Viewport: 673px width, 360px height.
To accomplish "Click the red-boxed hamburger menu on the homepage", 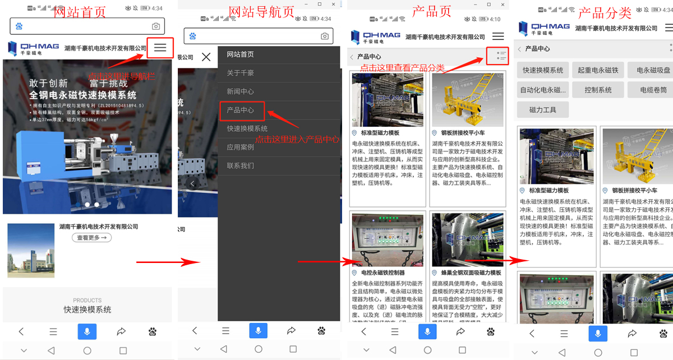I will tap(160, 48).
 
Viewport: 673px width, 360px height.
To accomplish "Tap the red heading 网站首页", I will tap(80, 12).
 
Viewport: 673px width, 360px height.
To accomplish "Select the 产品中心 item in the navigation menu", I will tap(241, 110).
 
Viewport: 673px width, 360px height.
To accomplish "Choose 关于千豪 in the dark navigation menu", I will tap(241, 73).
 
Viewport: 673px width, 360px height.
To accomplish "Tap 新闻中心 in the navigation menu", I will tap(241, 91).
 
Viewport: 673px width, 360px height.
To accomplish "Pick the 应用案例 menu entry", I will tap(241, 147).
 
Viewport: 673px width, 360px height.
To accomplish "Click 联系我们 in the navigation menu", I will tap(241, 165).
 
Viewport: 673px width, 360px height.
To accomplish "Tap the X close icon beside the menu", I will tap(206, 57).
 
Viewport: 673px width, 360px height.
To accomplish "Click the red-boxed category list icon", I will tap(497, 56).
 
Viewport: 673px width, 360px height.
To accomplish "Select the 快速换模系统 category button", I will tap(543, 70).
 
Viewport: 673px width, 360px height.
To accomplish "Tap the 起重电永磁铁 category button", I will tap(598, 70).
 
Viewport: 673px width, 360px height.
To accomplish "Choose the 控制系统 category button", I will tap(598, 90).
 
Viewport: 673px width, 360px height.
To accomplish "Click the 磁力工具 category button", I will tap(543, 109).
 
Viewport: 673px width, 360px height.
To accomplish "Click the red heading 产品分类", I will tap(605, 12).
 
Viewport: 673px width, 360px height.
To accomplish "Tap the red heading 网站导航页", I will tap(261, 12).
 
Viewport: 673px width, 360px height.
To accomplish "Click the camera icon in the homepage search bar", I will tap(156, 26).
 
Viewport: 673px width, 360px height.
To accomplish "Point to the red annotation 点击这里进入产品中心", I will tap(297, 139).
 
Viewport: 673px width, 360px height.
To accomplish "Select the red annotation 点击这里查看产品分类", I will tap(402, 68).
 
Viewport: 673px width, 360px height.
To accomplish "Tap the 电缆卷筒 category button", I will tap(653, 90).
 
